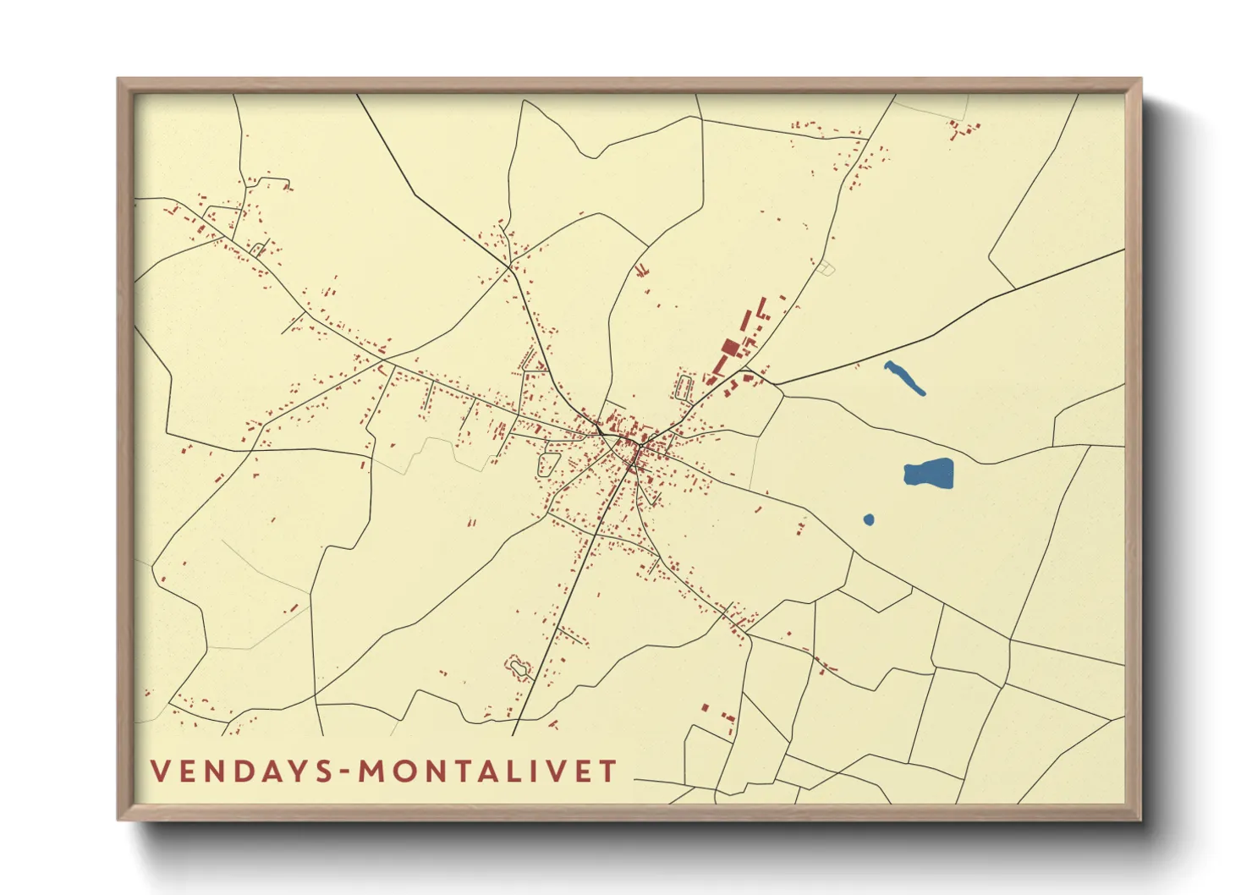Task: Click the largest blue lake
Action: pos(929,474)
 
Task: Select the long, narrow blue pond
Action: pos(903,377)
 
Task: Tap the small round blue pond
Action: pos(869,519)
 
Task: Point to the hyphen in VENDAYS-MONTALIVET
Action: pos(346,772)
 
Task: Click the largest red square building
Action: pos(730,347)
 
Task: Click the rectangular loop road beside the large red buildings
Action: pos(684,387)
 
